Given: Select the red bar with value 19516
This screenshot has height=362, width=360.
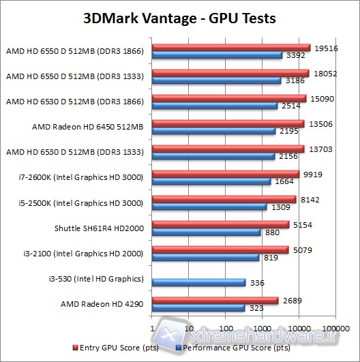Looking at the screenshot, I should [232, 48].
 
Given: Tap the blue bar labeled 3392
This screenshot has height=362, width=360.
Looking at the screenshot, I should [217, 55].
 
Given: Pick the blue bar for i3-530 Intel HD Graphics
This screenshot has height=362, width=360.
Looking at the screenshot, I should [199, 282].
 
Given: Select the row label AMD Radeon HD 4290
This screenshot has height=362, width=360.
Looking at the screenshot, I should [102, 303].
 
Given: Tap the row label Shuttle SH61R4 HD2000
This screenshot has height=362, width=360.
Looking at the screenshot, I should [98, 228].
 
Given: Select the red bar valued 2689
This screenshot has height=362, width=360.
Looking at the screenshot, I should [215, 300].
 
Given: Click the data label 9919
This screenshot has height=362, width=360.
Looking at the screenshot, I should [310, 174].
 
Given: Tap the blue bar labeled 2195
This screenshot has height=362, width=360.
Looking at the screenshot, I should [214, 131].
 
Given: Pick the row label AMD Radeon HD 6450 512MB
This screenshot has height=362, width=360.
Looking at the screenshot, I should [87, 127].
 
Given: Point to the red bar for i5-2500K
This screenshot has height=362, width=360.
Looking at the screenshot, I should [224, 199].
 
